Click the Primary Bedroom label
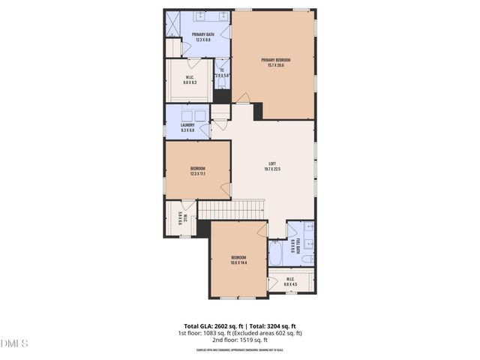pos(275,60)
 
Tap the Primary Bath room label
pos(203,34)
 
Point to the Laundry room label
pos(187,125)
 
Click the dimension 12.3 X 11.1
pos(198,173)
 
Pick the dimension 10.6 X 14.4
pos(238,262)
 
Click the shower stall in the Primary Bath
pos(172,25)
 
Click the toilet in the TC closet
pos(223,84)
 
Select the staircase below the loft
pos(232,208)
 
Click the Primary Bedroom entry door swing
pos(241,97)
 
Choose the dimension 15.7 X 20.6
pos(275,65)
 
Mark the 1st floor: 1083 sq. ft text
pos(209,332)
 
